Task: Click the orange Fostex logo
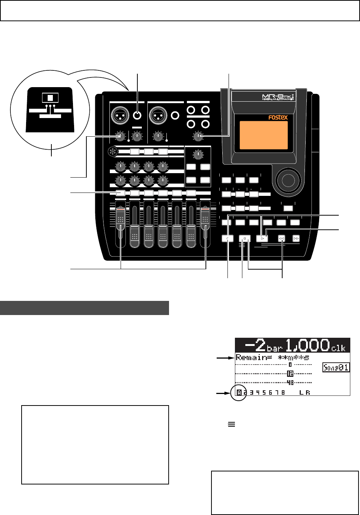[278, 117]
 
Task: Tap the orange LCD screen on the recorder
[264, 135]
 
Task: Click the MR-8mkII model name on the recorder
[278, 98]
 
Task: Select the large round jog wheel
[287, 180]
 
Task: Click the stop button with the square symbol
[245, 238]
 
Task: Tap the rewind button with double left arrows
[282, 238]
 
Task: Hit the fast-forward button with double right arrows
[296, 238]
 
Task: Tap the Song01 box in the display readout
[336, 368]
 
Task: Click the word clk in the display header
[338, 348]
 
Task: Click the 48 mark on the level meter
[290, 382]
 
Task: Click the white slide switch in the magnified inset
[50, 98]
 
